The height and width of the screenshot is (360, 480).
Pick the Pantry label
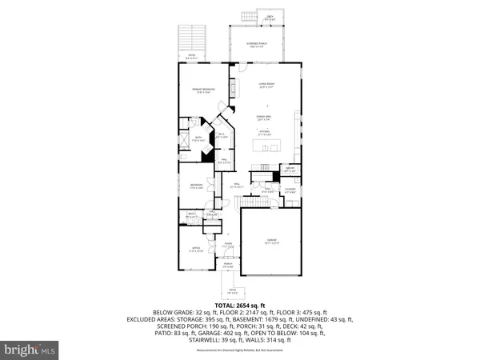pos(290,170)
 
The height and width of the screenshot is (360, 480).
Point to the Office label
pos(192,250)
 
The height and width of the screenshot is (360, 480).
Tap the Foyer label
pos(227,246)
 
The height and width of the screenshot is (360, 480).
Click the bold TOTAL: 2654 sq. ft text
pos(240,305)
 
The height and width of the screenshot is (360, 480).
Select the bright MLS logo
pos(30,349)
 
